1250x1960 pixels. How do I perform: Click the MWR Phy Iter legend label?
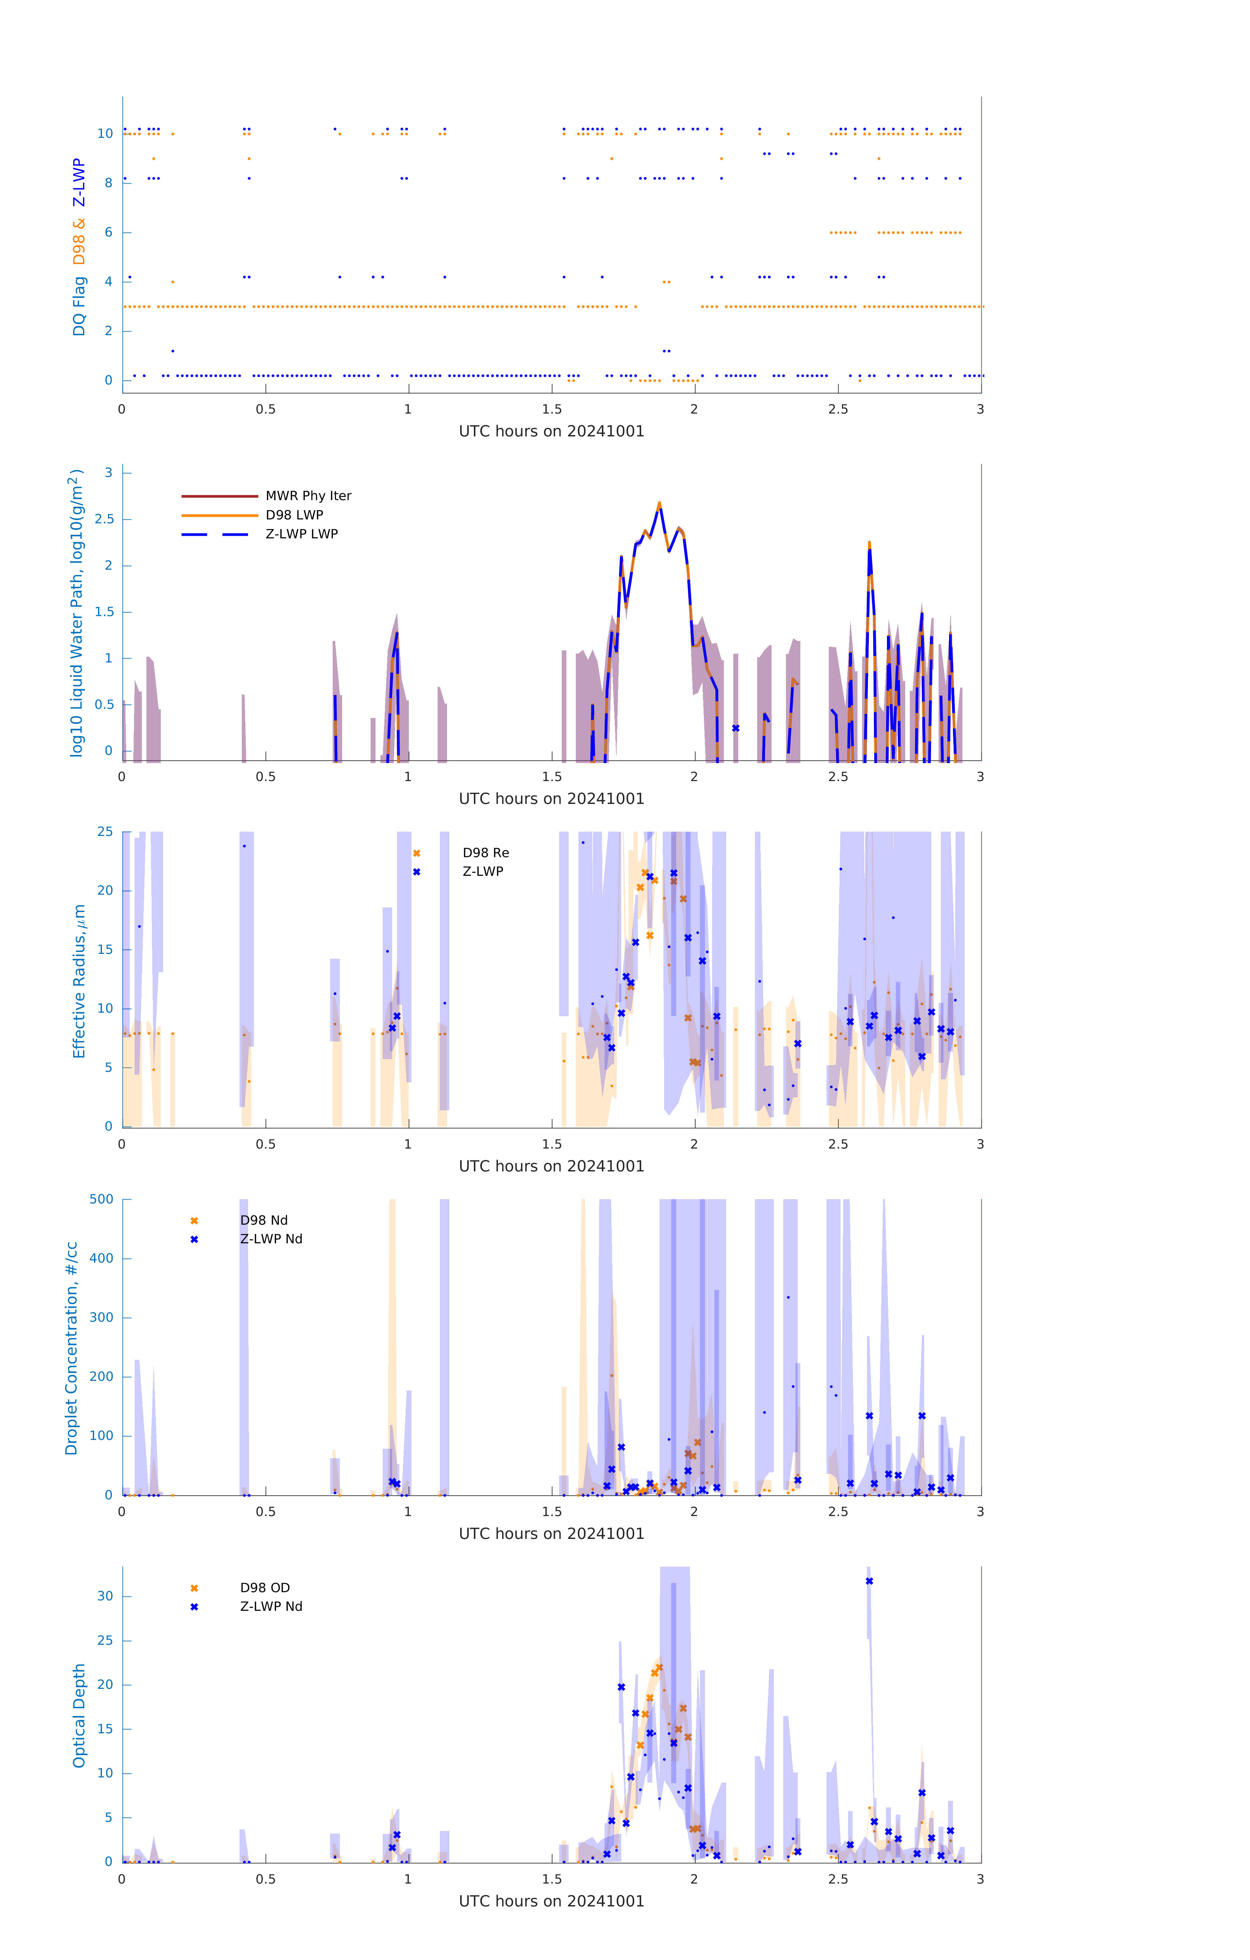click(x=308, y=496)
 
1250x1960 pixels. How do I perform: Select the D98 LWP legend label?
click(x=294, y=515)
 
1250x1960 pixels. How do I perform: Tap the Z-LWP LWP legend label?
click(x=301, y=534)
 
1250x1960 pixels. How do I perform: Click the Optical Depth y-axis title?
click(x=79, y=1716)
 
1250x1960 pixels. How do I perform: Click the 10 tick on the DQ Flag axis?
click(x=105, y=134)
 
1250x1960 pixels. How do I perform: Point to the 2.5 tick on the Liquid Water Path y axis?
click(x=104, y=519)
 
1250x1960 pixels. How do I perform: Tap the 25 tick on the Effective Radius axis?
click(x=105, y=832)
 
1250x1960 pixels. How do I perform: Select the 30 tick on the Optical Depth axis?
click(x=105, y=1596)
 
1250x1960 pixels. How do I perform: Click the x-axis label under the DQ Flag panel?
click(x=551, y=432)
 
